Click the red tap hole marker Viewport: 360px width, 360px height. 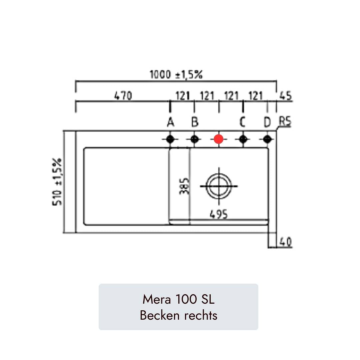point(218,139)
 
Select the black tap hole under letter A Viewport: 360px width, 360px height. point(170,139)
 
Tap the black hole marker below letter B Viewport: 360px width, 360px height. point(195,139)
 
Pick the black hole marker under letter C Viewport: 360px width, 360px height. point(243,139)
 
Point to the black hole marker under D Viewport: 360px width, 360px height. point(267,139)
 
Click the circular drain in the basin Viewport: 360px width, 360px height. point(219,186)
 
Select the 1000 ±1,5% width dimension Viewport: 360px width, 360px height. point(176,75)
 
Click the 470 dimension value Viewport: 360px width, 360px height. point(123,96)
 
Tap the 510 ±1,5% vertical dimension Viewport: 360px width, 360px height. point(57,182)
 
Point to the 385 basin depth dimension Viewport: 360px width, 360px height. point(185,186)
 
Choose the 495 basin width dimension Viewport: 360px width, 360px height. point(219,214)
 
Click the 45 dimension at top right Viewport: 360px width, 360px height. point(285,96)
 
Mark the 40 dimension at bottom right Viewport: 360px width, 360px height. point(286,242)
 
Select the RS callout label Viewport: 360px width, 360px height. point(285,122)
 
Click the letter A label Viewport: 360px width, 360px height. point(171,123)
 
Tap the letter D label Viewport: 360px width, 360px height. point(267,123)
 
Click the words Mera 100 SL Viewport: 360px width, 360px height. point(178,299)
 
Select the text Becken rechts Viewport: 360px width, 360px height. point(178,315)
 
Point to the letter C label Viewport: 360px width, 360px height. point(242,123)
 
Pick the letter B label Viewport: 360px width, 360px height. point(195,123)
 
